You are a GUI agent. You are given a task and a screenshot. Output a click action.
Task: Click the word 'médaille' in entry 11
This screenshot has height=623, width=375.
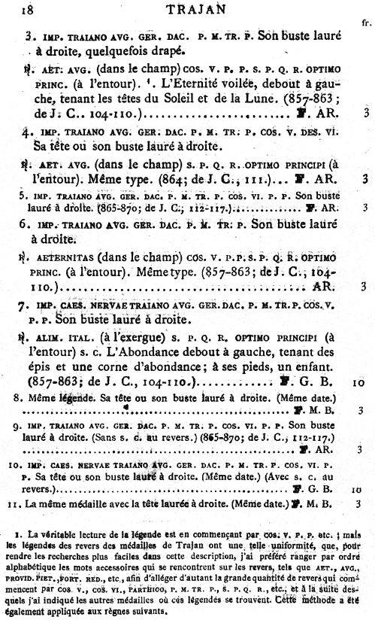99,502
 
